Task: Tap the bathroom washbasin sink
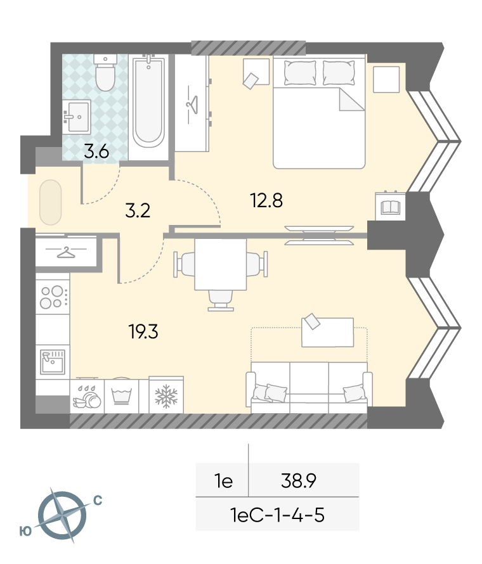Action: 76,117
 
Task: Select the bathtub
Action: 148,101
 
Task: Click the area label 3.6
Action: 96,152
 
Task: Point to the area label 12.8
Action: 267,200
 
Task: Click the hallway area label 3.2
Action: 138,210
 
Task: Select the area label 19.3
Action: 143,331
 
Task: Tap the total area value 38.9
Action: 299,480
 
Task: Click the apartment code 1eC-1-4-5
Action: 277,515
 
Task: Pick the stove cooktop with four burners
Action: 53,297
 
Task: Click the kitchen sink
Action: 53,361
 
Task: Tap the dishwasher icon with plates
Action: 87,397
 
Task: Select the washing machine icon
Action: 121,396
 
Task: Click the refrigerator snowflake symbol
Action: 166,396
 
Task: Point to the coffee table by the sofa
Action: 327,332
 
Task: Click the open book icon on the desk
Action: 390,207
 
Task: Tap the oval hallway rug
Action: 50,203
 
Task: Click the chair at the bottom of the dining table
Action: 220,300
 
